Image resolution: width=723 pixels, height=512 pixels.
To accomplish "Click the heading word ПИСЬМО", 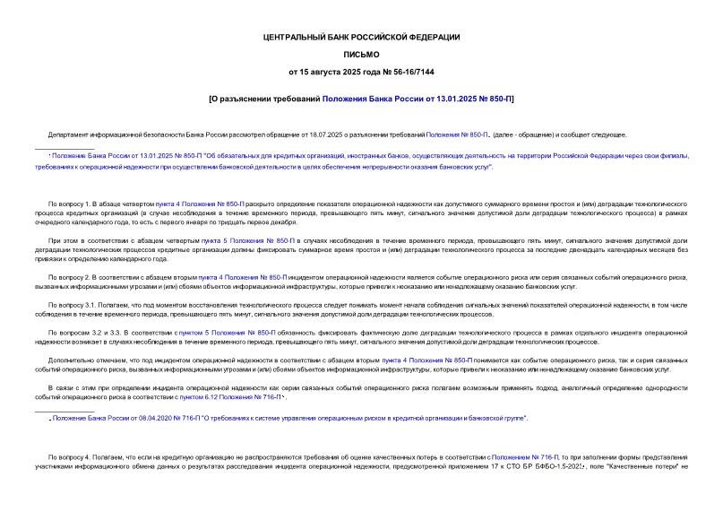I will (x=361, y=54).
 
